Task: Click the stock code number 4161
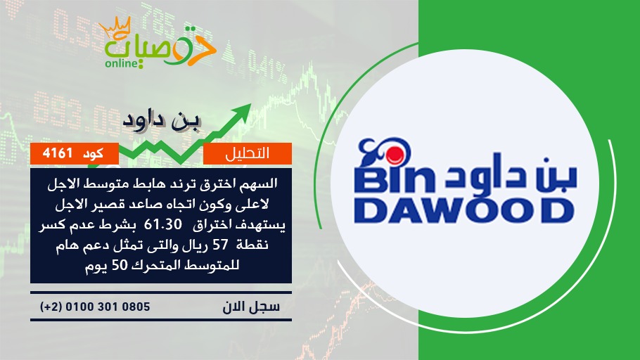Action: [58, 153]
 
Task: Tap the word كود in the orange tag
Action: [93, 153]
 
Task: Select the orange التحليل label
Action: [248, 153]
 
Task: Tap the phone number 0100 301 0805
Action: [108, 307]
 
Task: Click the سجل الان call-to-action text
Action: [251, 307]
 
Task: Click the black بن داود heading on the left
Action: [162, 122]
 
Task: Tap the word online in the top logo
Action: [121, 63]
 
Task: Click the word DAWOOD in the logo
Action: [463, 211]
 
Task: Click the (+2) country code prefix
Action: [51, 307]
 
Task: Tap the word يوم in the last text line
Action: [96, 266]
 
